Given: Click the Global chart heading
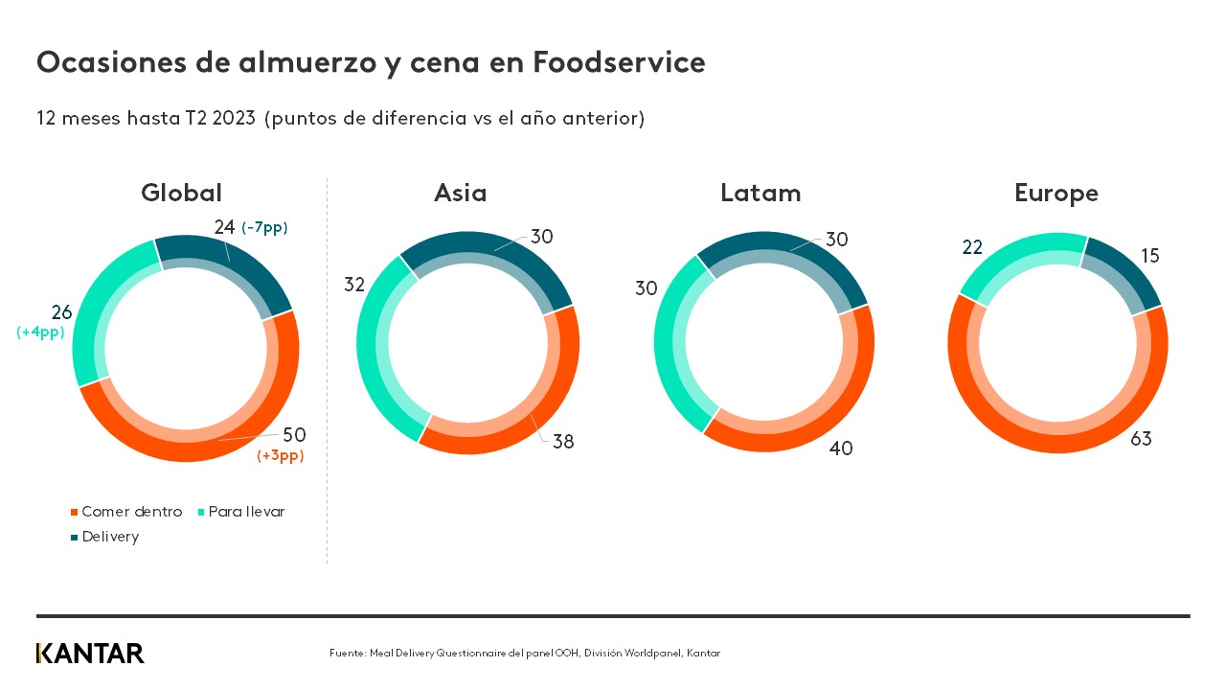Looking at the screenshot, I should pyautogui.click(x=181, y=193).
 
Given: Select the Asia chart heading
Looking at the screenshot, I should pyautogui.click(x=460, y=193).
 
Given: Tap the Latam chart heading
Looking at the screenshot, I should pyautogui.click(x=761, y=193).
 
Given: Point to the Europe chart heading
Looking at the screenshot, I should pyautogui.click(x=1056, y=194).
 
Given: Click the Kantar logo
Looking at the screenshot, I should pyautogui.click(x=90, y=654).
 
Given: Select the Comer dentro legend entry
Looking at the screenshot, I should pyautogui.click(x=125, y=512).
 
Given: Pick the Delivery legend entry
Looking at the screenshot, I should pyautogui.click(x=104, y=537).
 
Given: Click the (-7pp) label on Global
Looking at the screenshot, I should pyautogui.click(x=264, y=228).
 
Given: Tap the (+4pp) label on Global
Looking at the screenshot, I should pyautogui.click(x=39, y=333).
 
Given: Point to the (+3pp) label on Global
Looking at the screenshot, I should pyautogui.click(x=281, y=456).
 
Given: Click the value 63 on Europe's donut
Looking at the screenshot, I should pyautogui.click(x=1140, y=439).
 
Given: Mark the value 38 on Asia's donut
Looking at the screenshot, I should pyautogui.click(x=562, y=442).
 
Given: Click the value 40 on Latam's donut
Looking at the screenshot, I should pyautogui.click(x=840, y=448).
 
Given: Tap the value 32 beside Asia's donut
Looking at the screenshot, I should pyautogui.click(x=355, y=285).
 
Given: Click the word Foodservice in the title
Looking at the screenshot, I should pyautogui.click(x=619, y=62).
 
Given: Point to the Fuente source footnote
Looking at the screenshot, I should pyautogui.click(x=524, y=654).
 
